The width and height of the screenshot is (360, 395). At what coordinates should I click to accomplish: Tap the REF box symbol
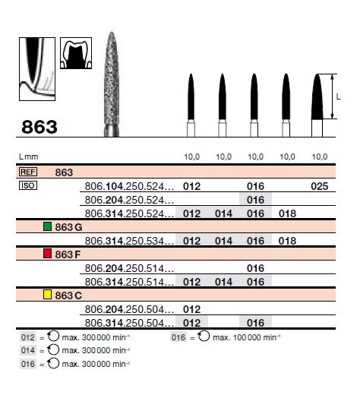(x=27, y=172)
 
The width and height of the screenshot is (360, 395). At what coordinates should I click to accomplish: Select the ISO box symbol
(x=27, y=185)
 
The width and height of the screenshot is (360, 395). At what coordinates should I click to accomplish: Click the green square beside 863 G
(x=47, y=227)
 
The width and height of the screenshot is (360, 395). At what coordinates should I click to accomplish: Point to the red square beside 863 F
(x=47, y=254)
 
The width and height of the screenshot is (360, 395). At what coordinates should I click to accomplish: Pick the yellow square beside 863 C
(x=47, y=295)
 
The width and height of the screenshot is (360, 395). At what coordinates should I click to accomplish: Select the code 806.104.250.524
(x=130, y=186)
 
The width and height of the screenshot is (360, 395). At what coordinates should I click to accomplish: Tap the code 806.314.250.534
(x=130, y=241)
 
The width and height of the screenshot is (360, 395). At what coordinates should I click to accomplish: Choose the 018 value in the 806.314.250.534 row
(x=288, y=241)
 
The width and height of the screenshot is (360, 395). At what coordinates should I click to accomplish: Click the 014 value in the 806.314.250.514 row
(x=223, y=282)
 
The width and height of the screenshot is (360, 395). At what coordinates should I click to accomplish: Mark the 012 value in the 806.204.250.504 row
(x=192, y=309)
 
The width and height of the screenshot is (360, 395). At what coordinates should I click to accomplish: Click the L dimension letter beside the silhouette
(x=338, y=96)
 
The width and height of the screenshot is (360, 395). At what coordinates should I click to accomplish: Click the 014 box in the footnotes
(x=27, y=351)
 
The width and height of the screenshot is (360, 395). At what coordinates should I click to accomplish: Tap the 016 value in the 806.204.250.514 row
(x=255, y=268)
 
